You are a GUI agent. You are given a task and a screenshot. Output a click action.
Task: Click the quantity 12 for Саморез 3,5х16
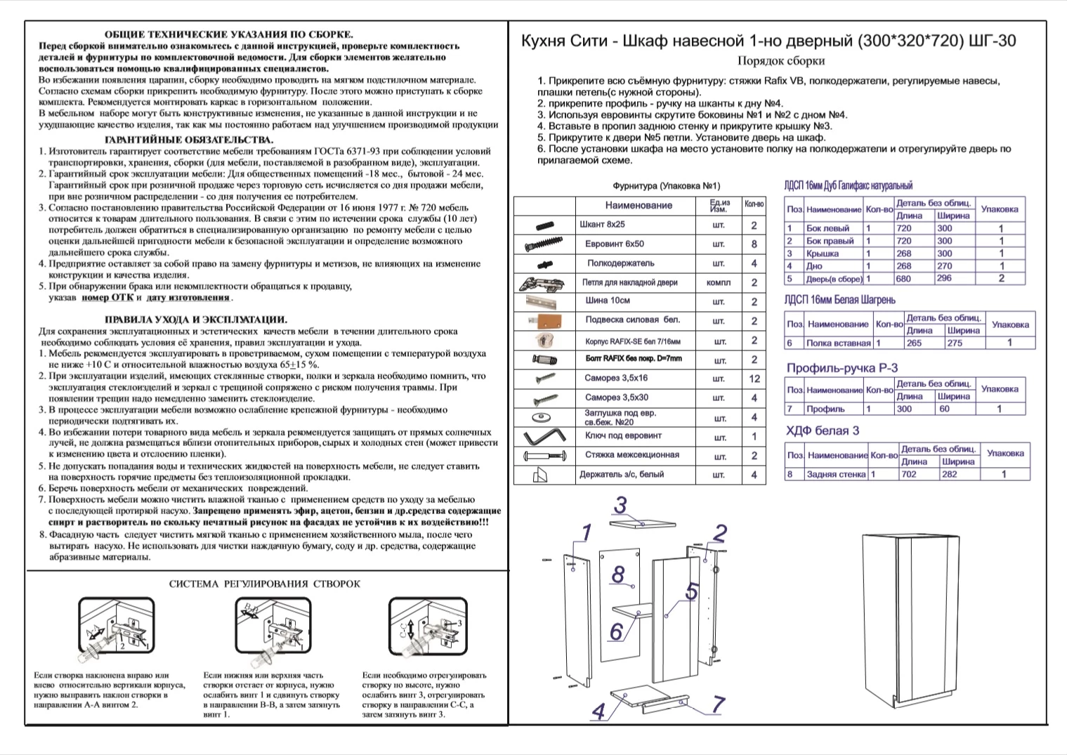click(x=754, y=379)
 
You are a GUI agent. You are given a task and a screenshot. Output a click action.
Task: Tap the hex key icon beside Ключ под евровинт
click(x=544, y=435)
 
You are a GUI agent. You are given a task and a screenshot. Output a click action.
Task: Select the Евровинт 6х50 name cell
click(x=615, y=244)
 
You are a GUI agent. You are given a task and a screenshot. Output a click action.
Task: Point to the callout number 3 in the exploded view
click(x=620, y=506)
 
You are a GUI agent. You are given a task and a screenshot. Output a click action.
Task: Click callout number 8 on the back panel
click(x=618, y=574)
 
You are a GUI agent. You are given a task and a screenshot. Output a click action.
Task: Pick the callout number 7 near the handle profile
click(x=717, y=704)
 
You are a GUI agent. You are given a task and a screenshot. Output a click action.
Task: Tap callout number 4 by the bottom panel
click(x=598, y=711)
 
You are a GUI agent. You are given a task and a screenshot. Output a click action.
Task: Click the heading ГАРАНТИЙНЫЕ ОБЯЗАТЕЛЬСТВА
click(x=189, y=140)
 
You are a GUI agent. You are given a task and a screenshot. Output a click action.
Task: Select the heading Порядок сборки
click(x=780, y=61)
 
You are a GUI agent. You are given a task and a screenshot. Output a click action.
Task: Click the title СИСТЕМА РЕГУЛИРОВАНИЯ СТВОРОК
click(x=265, y=584)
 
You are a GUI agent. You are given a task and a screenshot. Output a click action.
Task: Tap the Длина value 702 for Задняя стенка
click(x=908, y=475)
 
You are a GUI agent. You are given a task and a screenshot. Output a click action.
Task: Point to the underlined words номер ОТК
click(x=107, y=298)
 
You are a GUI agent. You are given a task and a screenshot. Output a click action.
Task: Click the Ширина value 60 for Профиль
click(x=944, y=409)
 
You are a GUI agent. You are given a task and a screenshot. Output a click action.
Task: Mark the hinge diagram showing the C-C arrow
click(x=428, y=627)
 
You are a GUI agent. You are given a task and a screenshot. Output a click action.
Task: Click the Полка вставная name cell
click(x=839, y=343)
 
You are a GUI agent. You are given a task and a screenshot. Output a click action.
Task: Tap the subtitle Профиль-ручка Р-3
click(x=842, y=368)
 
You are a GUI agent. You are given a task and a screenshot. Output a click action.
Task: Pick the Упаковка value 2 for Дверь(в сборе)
click(x=1001, y=278)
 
